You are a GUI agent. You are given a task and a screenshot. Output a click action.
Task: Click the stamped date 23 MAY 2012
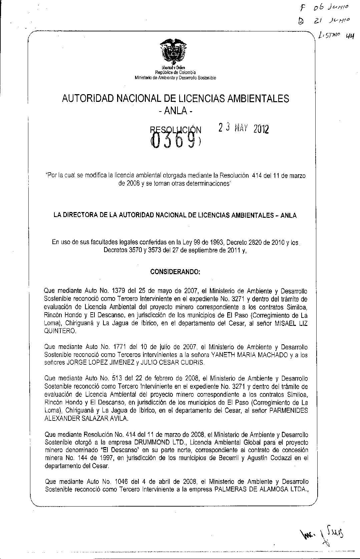(244, 129)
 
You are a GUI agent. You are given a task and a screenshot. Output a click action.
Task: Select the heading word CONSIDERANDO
(175, 272)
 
